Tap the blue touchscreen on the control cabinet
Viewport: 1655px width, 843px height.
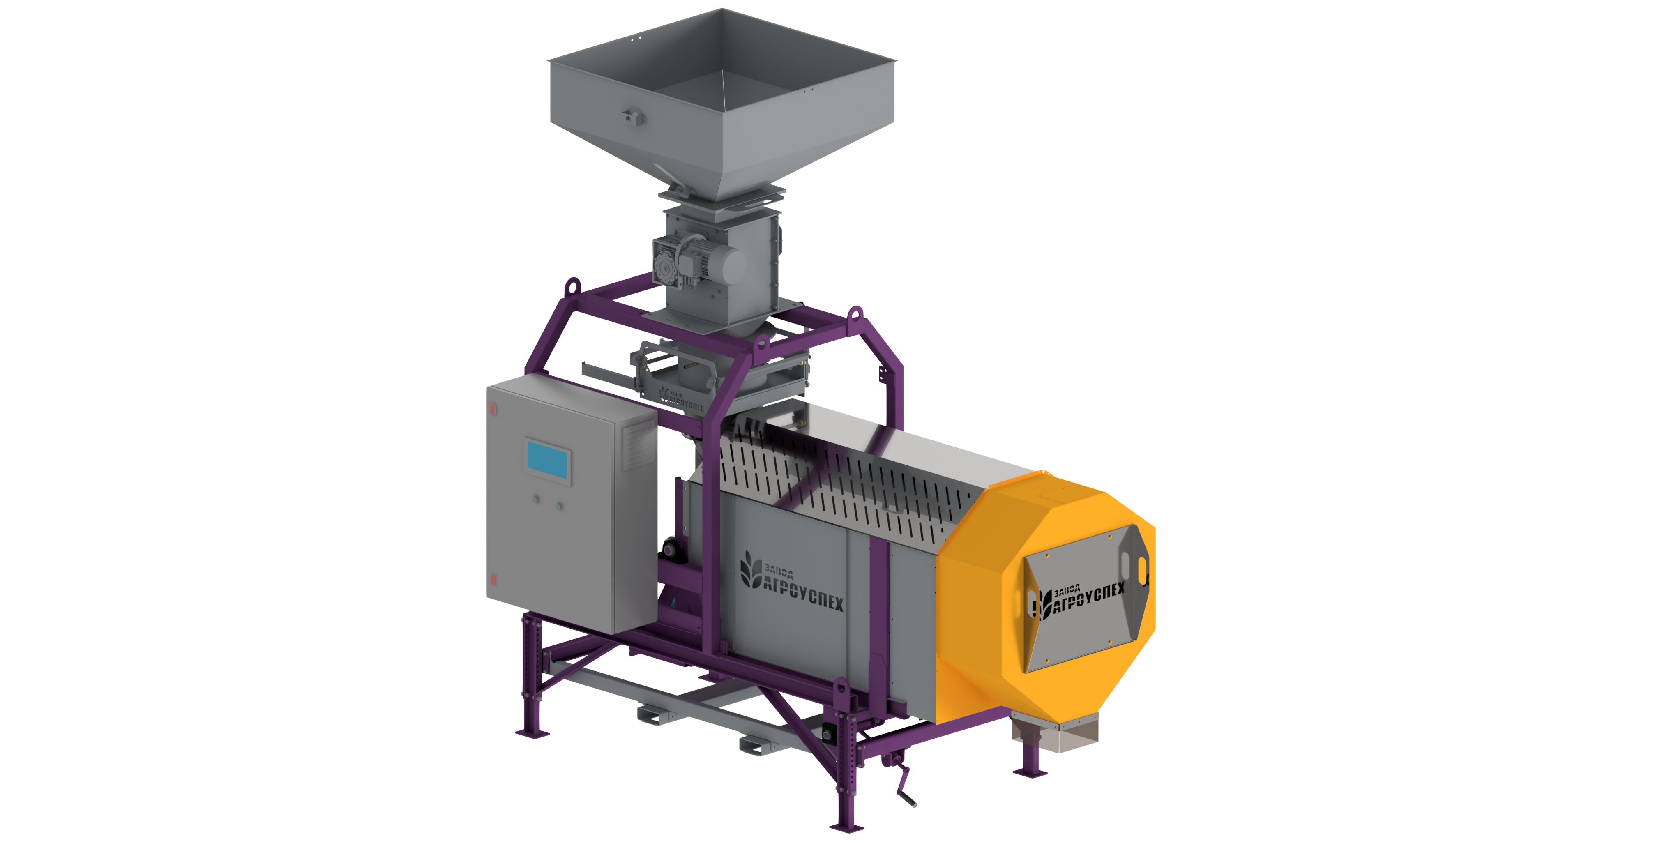[548, 459]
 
